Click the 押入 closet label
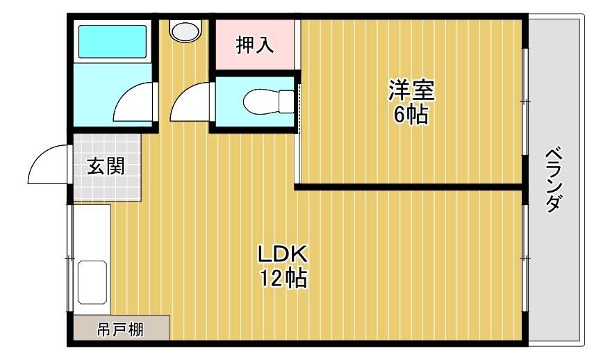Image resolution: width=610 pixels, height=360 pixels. [x=255, y=45]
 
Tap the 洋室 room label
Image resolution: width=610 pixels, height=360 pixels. [x=411, y=91]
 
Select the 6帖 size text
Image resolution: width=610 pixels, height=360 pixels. [x=411, y=115]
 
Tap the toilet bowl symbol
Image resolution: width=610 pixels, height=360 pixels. [x=268, y=101]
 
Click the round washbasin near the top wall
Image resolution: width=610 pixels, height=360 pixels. [x=185, y=31]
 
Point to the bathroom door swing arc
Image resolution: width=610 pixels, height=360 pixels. [x=133, y=103]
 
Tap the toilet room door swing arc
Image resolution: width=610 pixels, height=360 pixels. [x=189, y=103]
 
